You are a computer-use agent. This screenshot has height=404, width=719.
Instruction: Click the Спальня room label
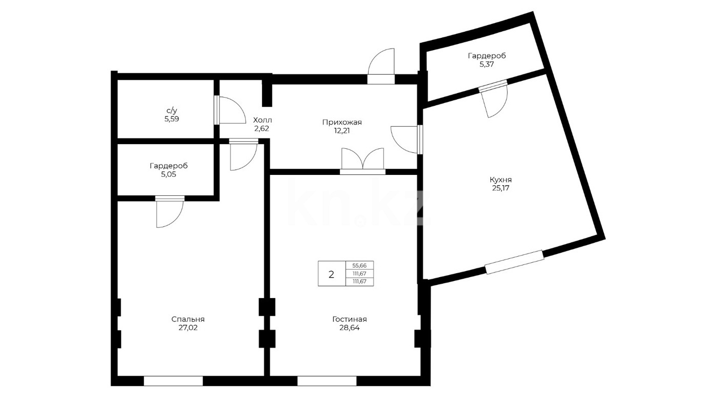[x=188, y=319]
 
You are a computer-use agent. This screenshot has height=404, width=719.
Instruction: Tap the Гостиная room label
[x=349, y=319]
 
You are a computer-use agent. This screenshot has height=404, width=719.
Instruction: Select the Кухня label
[x=500, y=179]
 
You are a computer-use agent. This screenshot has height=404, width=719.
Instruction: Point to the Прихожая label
[x=342, y=122]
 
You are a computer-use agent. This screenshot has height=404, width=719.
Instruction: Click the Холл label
[x=262, y=120]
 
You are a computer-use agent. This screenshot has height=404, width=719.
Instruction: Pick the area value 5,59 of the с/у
[x=172, y=119]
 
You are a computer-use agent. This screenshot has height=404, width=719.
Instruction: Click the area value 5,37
[x=487, y=64]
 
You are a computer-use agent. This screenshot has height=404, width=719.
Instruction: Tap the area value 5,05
[x=168, y=174]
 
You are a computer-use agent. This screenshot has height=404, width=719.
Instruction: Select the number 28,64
[x=349, y=328]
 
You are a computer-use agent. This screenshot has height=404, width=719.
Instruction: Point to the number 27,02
[x=188, y=328]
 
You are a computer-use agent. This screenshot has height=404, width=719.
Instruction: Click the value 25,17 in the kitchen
[x=500, y=188]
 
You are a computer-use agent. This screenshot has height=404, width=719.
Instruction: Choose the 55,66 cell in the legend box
[x=359, y=266]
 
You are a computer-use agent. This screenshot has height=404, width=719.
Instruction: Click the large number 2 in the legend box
[x=332, y=274]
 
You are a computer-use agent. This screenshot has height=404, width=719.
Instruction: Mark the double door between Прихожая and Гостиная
[x=363, y=162]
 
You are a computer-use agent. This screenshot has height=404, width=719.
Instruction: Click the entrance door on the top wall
[x=381, y=66]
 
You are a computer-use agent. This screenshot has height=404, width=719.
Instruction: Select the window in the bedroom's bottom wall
[x=173, y=381]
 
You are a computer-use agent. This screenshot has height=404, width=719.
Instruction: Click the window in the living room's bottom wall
[x=327, y=381]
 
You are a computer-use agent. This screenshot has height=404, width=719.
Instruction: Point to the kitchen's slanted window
[x=514, y=262]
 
